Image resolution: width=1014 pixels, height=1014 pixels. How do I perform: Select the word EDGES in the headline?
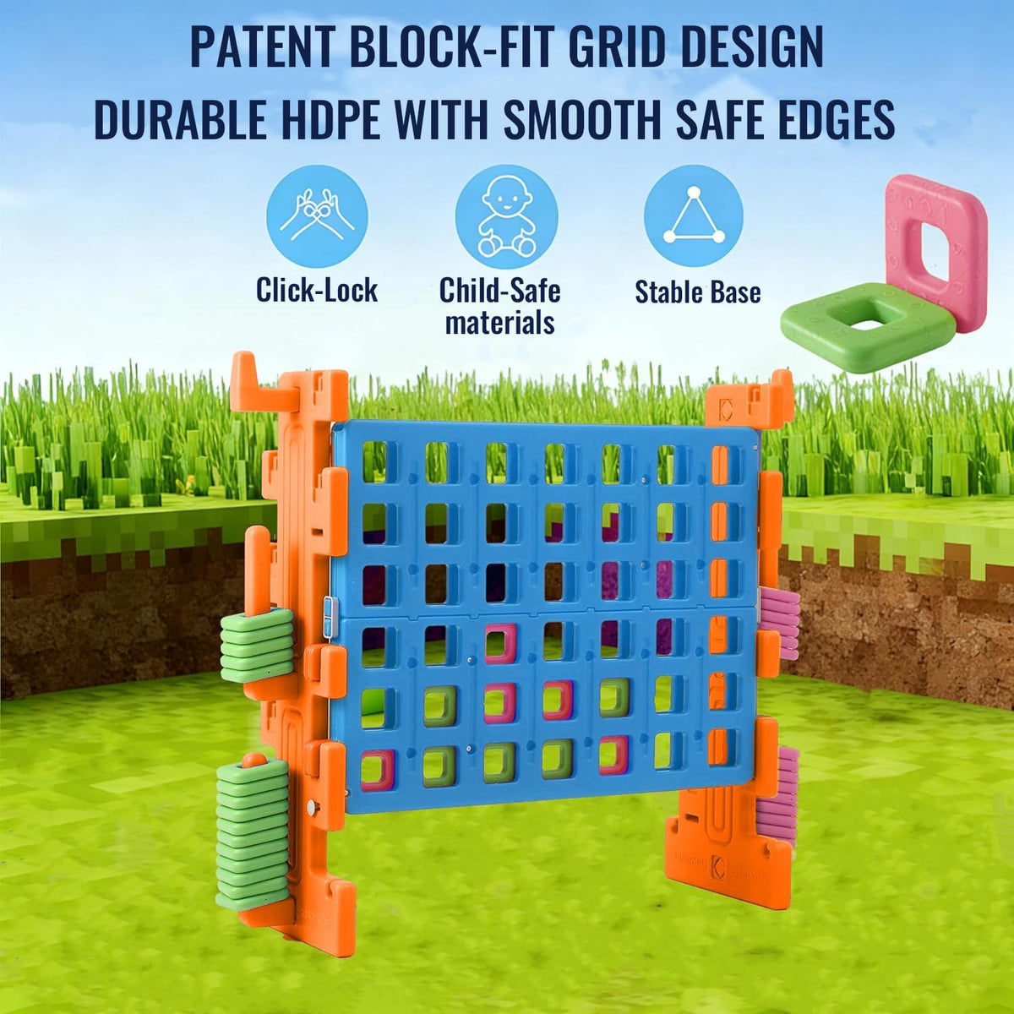(835, 119)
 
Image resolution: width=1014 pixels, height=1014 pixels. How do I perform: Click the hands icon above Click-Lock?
(318, 216)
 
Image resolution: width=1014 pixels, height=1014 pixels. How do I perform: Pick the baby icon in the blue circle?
(506, 216)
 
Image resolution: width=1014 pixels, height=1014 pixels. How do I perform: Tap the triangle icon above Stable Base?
(694, 216)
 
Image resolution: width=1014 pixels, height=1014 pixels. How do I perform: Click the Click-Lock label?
(317, 290)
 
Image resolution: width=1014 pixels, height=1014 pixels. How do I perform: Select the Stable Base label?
(698, 292)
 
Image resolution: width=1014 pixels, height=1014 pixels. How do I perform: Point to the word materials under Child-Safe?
(500, 322)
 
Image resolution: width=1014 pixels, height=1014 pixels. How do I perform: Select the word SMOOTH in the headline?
(581, 119)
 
